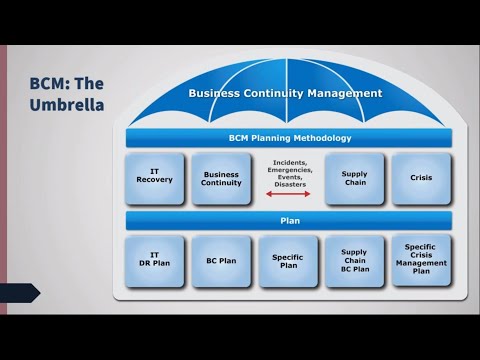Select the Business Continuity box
(x=221, y=179)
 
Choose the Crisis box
(x=421, y=179)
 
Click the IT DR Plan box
(x=154, y=261)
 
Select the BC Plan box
(x=221, y=261)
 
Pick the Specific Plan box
(x=287, y=261)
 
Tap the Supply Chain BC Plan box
(x=354, y=261)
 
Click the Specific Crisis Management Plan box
(x=421, y=258)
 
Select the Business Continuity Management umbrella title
(x=286, y=93)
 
